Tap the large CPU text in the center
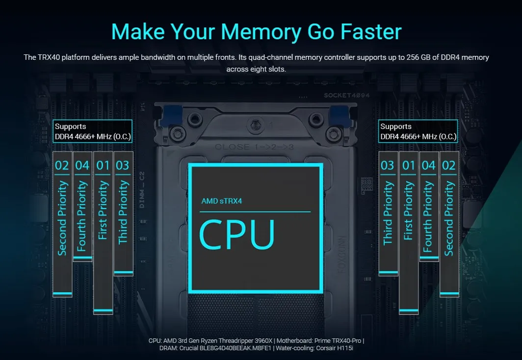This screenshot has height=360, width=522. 237,235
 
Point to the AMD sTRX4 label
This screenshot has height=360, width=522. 221,201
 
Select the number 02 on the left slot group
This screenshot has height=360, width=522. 62,165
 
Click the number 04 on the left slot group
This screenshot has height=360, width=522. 82,165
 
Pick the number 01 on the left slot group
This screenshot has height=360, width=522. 103,165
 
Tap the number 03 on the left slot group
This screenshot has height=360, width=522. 123,165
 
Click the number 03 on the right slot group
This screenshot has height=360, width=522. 388,165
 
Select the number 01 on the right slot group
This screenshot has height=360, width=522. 409,165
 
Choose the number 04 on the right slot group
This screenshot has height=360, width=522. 429,165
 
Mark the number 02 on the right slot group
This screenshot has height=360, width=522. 449,165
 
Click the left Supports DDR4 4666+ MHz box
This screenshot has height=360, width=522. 93,131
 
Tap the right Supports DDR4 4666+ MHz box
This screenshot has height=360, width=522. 418,131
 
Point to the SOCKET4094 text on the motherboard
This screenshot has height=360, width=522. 347,96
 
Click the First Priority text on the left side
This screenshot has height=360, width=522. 103,210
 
